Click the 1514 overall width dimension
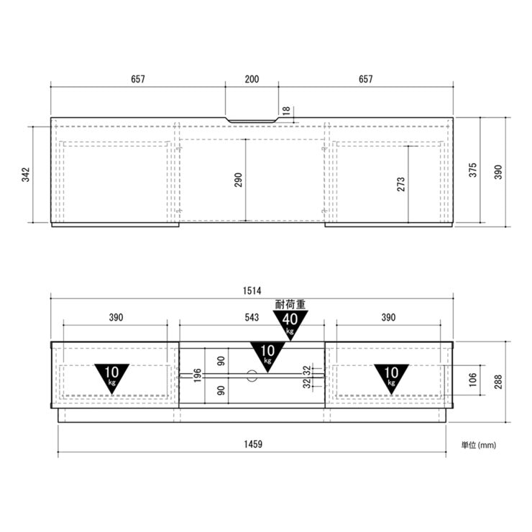[x=252, y=290]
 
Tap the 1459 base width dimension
[x=253, y=444]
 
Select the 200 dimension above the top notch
[x=252, y=79]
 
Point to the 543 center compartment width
[x=252, y=318]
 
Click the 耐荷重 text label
[x=290, y=304]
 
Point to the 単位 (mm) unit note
[x=478, y=445]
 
